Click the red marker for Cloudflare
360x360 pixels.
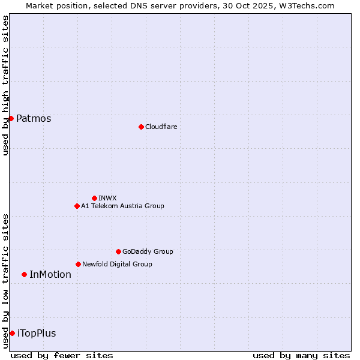pos(141,127)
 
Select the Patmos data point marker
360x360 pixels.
pos(11,118)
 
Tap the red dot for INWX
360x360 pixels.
pos(94,198)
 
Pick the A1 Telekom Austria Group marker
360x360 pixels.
pos(77,206)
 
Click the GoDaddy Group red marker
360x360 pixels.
pos(118,251)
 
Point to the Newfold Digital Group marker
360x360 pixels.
pos(78,264)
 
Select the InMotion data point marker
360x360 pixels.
pos(24,274)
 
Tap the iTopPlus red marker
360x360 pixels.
pos(12,333)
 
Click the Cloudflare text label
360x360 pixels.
pos(161,127)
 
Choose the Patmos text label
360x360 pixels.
pos(34,118)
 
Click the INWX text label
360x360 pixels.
pos(107,198)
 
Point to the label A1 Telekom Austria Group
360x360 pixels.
pos(122,206)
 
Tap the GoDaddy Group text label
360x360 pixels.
pos(148,251)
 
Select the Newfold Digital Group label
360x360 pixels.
pos(117,264)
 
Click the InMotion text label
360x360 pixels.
pos(50,274)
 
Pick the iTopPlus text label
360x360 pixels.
pos(37,333)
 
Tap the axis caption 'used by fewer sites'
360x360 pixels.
pos(62,355)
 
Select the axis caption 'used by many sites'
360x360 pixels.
pos(301,355)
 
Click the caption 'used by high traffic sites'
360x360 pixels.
pos(5,85)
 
